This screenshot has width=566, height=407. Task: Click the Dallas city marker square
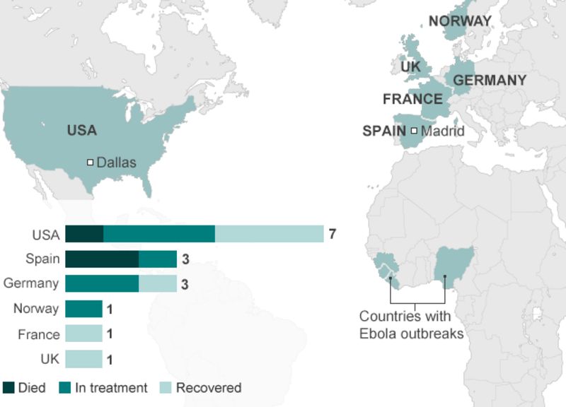[91, 163]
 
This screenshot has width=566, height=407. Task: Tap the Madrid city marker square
[414, 131]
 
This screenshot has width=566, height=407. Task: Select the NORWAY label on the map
[460, 20]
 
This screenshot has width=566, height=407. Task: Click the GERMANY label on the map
[490, 80]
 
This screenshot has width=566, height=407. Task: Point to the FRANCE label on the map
[412, 99]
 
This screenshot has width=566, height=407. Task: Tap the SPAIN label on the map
[383, 131]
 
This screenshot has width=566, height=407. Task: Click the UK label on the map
[410, 66]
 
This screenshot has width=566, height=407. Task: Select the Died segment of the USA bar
[84, 235]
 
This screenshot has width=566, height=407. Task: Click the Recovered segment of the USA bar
[269, 235]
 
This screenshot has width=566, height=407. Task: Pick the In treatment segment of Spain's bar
[158, 259]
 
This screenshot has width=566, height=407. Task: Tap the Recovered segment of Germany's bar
[158, 284]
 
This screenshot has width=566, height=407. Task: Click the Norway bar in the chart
[83, 309]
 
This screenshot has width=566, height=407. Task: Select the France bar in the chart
[83, 334]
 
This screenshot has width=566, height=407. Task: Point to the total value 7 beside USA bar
[332, 235]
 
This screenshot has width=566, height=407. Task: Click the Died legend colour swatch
[8, 387]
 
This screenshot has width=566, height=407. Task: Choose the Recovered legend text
[209, 387]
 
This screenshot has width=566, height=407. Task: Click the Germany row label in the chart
[31, 284]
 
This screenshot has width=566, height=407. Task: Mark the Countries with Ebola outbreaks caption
[411, 325]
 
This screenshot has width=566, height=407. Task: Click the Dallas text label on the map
[116, 163]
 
